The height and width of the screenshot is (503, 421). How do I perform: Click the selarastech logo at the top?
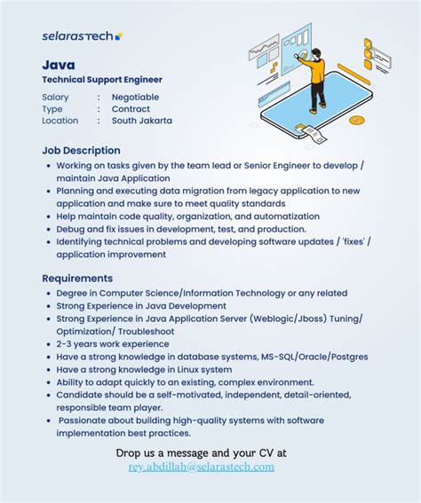[x=82, y=35]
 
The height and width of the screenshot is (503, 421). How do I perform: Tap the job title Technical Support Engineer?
[x=102, y=80]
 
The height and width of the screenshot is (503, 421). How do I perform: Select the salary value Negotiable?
[x=135, y=97]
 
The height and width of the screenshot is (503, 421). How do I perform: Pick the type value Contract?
[x=131, y=109]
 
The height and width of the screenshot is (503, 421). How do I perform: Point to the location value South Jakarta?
[x=142, y=121]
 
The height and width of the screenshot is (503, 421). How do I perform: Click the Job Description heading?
[x=81, y=150]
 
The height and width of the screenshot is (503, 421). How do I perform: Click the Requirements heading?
[x=77, y=278]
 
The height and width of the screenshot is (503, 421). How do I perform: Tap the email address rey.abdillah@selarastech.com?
[x=201, y=467]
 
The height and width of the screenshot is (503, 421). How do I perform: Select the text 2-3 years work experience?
[x=112, y=344]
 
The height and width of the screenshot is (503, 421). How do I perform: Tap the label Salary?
[x=55, y=97]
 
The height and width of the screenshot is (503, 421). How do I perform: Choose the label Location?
[x=60, y=121]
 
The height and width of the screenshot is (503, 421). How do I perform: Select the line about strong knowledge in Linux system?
[x=144, y=369]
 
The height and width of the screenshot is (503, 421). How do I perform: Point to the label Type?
[x=52, y=109]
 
